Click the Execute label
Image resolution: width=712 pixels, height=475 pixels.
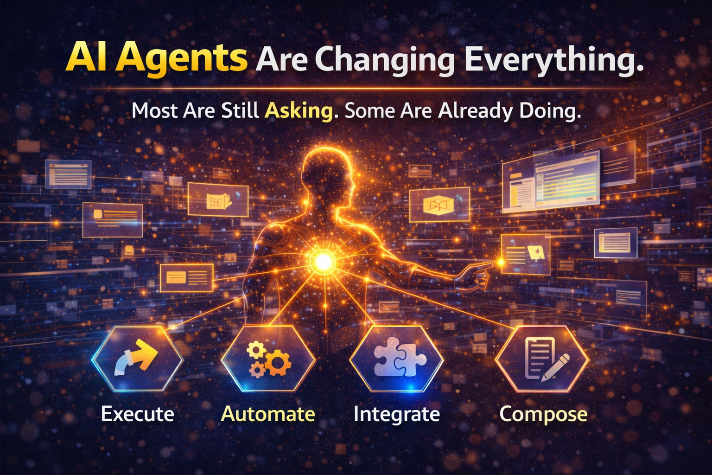click(x=138, y=414)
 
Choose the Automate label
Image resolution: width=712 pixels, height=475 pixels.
click(x=268, y=414)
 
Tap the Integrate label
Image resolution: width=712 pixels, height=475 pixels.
click(x=397, y=415)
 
